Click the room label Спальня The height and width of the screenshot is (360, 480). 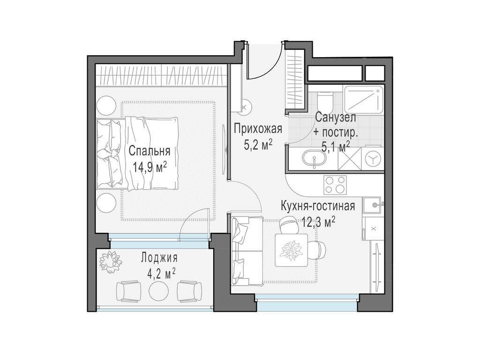(150, 151)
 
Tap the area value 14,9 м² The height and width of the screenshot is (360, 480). (150, 167)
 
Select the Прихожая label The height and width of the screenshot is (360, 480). (258, 129)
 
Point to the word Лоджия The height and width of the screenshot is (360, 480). (159, 258)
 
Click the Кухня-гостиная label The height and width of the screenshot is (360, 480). (318, 206)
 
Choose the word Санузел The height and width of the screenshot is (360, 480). (335, 118)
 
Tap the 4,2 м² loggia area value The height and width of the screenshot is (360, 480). (161, 273)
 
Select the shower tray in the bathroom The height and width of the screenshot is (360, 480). (364, 100)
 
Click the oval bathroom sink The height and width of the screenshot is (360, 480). (315, 158)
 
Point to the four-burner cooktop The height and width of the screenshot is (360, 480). (335, 185)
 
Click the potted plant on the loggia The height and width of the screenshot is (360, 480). (111, 261)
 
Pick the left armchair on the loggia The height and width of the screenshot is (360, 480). (128, 291)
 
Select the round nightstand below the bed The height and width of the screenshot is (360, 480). (106, 202)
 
